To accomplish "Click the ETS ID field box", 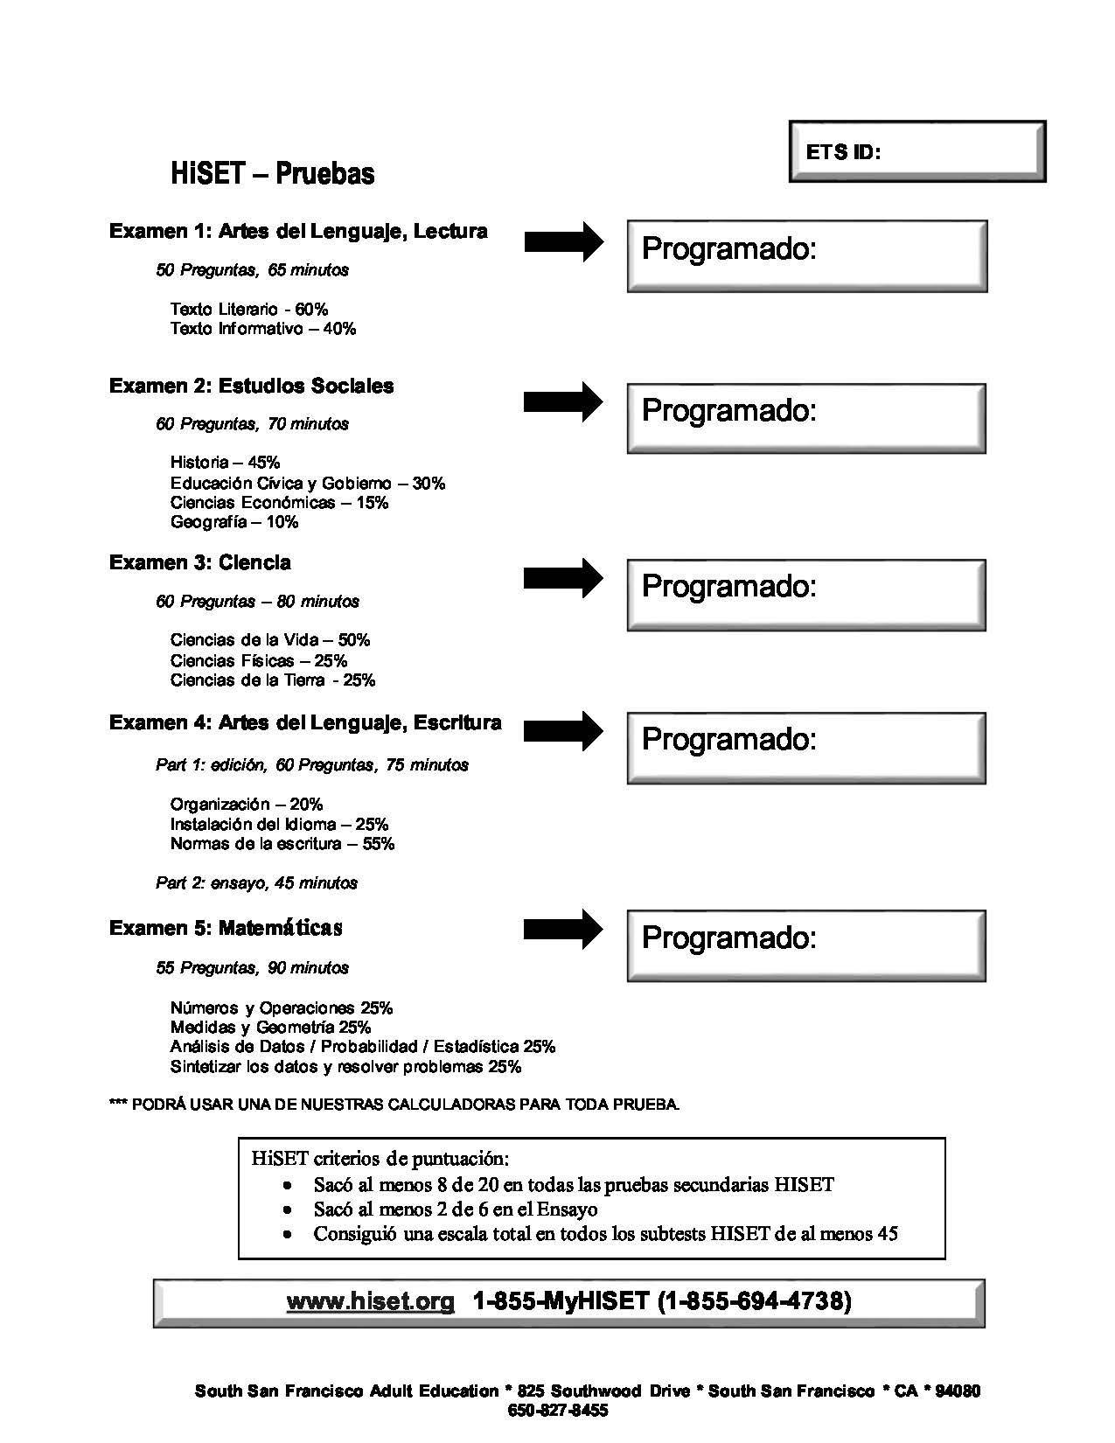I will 916,152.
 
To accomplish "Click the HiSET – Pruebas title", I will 273,173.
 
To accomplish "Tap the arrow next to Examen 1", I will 563,241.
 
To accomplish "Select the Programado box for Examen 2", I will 806,418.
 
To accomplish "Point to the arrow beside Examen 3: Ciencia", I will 563,578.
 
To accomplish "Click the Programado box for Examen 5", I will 806,945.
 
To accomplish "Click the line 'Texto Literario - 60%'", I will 249,309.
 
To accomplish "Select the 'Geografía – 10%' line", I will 234,522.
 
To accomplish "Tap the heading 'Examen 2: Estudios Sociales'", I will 252,386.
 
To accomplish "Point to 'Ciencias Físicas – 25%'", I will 259,660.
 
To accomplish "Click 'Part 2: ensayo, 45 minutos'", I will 256,882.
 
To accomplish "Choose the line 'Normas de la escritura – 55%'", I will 282,844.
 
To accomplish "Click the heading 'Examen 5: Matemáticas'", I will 226,928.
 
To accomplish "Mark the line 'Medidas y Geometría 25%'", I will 270,1028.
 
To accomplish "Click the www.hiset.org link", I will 371,1301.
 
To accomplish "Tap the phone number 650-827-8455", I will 557,1411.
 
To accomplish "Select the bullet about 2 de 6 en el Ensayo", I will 455,1209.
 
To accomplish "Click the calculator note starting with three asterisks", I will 394,1105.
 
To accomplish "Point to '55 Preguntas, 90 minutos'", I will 252,967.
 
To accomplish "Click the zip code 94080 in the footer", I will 958,1391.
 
